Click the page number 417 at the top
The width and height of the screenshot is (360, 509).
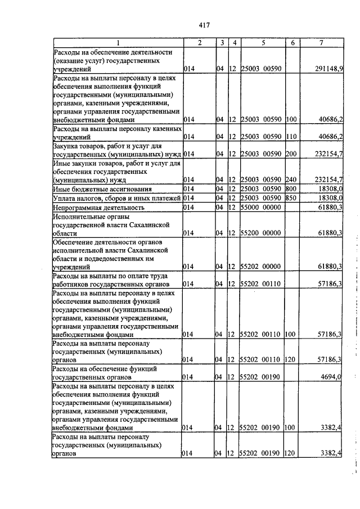204,25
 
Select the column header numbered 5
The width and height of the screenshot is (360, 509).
263,43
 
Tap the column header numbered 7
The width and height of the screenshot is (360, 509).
322,43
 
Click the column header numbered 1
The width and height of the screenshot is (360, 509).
118,43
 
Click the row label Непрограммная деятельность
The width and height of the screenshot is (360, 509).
98,208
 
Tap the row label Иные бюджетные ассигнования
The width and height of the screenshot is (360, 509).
102,189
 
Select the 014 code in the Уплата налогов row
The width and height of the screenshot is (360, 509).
190,198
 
